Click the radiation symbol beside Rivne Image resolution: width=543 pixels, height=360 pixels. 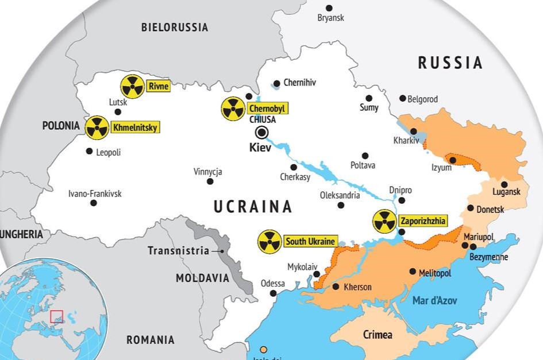pyautogui.click(x=132, y=87)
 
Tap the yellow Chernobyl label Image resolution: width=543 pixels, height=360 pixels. pyautogui.click(x=267, y=109)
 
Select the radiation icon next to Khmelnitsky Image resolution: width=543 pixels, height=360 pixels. pyautogui.click(x=97, y=127)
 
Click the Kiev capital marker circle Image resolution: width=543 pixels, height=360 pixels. pyautogui.click(x=262, y=133)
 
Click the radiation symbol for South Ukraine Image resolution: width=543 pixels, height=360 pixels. pyautogui.click(x=269, y=242)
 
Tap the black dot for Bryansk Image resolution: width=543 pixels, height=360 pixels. pyautogui.click(x=329, y=8)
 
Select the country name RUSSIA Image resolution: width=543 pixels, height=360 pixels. pyautogui.click(x=450, y=62)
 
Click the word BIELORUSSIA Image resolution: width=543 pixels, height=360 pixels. pyautogui.click(x=175, y=27)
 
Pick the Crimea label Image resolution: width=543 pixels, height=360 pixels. pyautogui.click(x=378, y=334)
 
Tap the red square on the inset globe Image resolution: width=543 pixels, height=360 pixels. pyautogui.click(x=56, y=316)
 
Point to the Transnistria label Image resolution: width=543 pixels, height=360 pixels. pyautogui.click(x=178, y=250)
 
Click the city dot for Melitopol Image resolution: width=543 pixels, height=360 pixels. pyautogui.click(x=413, y=272)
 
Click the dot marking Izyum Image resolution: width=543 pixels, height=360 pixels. pyautogui.click(x=453, y=160)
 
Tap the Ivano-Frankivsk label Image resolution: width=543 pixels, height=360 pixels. pyautogui.click(x=95, y=193)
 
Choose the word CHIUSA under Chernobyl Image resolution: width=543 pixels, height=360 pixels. pyautogui.click(x=263, y=119)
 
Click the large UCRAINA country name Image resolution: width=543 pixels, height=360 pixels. pyautogui.click(x=253, y=206)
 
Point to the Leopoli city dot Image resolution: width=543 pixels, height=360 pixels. pyautogui.click(x=89, y=152)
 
